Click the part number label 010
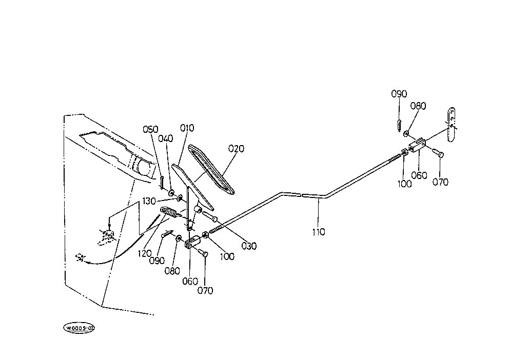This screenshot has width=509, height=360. tap(187, 128)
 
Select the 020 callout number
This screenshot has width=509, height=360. tap(236, 149)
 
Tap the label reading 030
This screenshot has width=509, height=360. tap(249, 246)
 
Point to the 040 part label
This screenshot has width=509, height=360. tap(166, 139)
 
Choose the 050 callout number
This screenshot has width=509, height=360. tap(151, 129)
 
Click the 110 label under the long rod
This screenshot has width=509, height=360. tap(319, 232)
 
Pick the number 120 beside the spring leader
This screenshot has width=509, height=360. tap(145, 254)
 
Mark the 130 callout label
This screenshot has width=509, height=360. tap(149, 202)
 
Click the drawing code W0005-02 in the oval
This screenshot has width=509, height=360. tap(79, 328)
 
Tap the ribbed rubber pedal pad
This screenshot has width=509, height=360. tap(211, 170)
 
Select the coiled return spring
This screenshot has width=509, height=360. tap(169, 212)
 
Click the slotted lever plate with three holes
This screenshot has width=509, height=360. tap(451, 125)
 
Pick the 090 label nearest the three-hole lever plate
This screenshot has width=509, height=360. tap(399, 94)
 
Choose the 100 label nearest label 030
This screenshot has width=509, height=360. tap(227, 256)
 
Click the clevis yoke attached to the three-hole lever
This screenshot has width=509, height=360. tap(417, 145)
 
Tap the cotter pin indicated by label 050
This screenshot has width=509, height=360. tap(161, 182)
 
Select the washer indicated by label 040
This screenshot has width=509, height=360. tap(171, 193)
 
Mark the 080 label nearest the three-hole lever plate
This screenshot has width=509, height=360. tap(418, 106)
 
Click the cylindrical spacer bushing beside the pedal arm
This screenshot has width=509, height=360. tap(197, 208)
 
